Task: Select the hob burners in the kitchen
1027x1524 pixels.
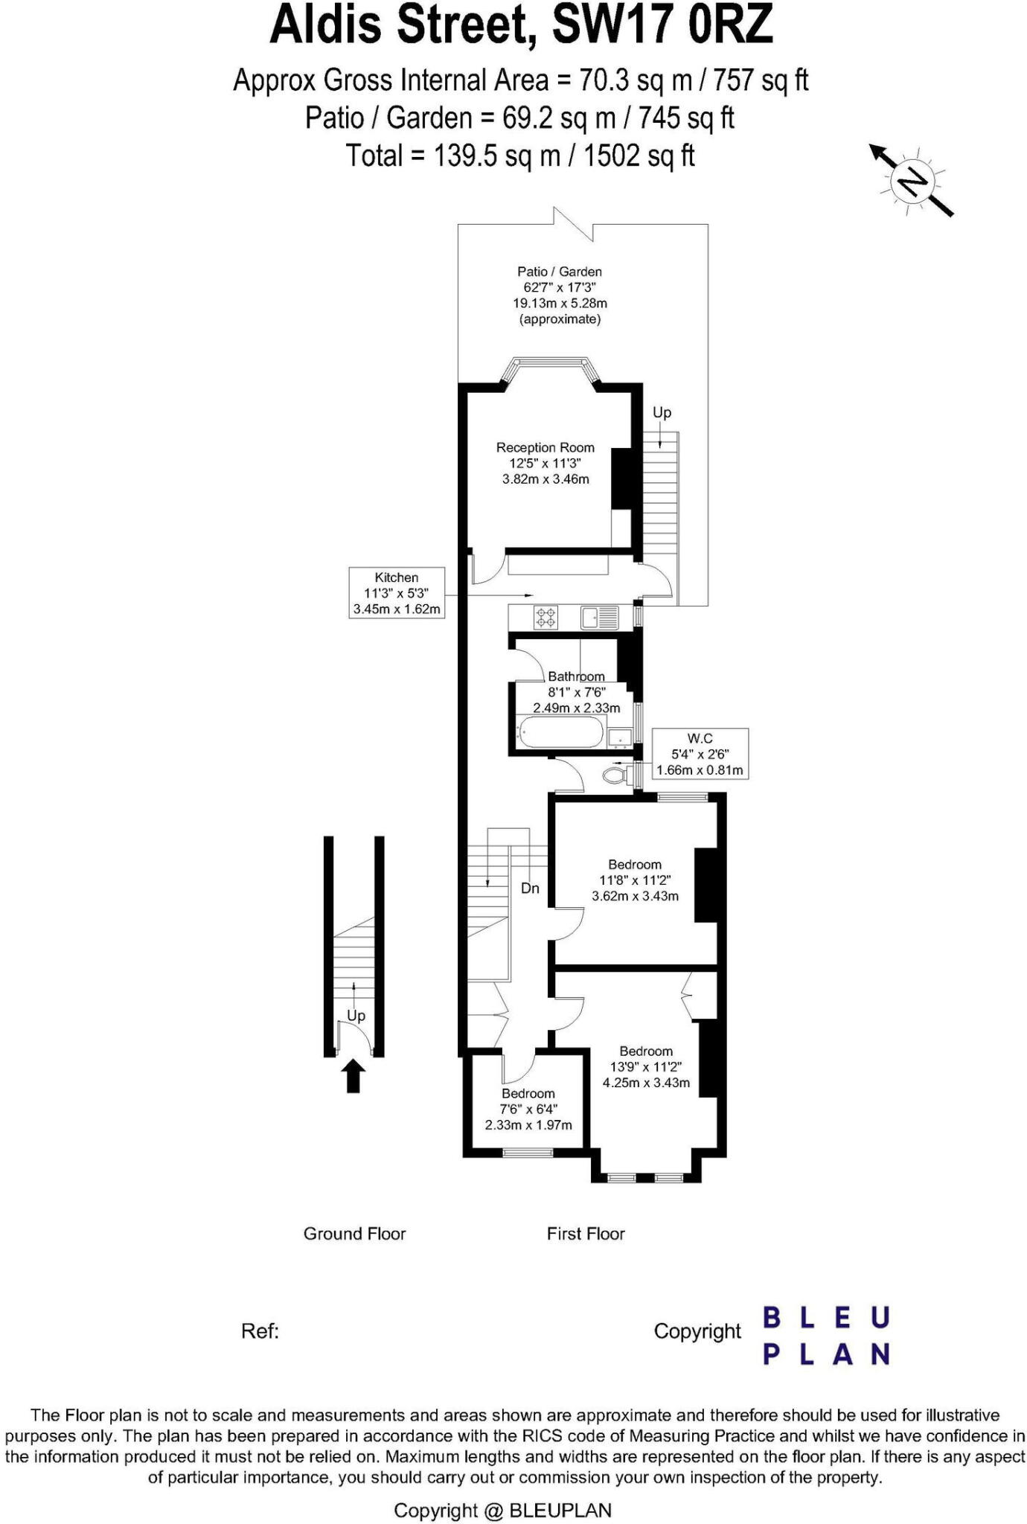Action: tap(546, 618)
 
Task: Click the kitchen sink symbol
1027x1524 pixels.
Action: tap(600, 618)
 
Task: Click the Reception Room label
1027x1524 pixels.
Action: tap(546, 448)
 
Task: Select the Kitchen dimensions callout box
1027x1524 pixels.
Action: tap(397, 593)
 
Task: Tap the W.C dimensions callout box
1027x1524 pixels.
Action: tap(700, 754)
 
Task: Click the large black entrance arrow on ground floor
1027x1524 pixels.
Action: tap(353, 1076)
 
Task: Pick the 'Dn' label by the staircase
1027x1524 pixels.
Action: tap(530, 889)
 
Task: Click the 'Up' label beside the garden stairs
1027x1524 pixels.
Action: tap(662, 412)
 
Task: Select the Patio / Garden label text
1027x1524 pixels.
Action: tap(560, 272)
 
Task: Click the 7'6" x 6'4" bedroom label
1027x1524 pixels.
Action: tap(528, 1109)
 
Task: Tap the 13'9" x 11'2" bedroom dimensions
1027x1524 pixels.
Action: tap(646, 1067)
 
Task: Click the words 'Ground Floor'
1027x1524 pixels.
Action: tap(354, 1234)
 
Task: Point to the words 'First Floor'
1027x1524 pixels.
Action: tap(586, 1234)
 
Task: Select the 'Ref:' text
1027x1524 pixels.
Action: tap(260, 1331)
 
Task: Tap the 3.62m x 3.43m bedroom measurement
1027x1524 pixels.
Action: tap(635, 896)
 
